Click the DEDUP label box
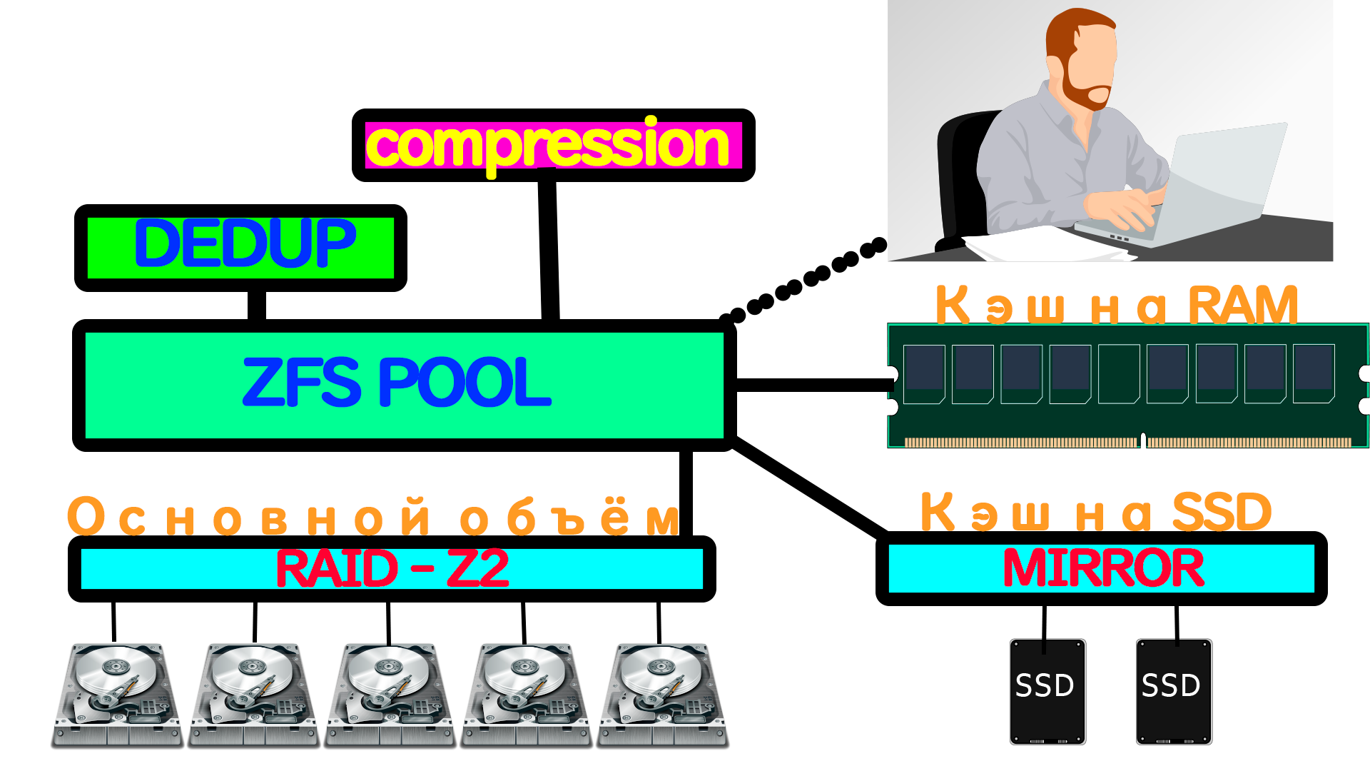click(241, 247)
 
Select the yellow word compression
click(548, 146)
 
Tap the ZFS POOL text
click(397, 383)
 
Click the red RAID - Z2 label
click(392, 569)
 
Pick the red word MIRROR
click(1103, 569)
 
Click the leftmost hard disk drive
click(116, 695)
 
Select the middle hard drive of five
click(390, 695)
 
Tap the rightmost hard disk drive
click(662, 695)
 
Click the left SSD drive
click(1047, 691)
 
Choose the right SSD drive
click(1174, 691)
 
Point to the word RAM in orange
click(1242, 306)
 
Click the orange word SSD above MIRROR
click(1222, 513)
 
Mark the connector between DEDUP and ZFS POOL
click(257, 306)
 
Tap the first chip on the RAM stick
click(924, 373)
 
